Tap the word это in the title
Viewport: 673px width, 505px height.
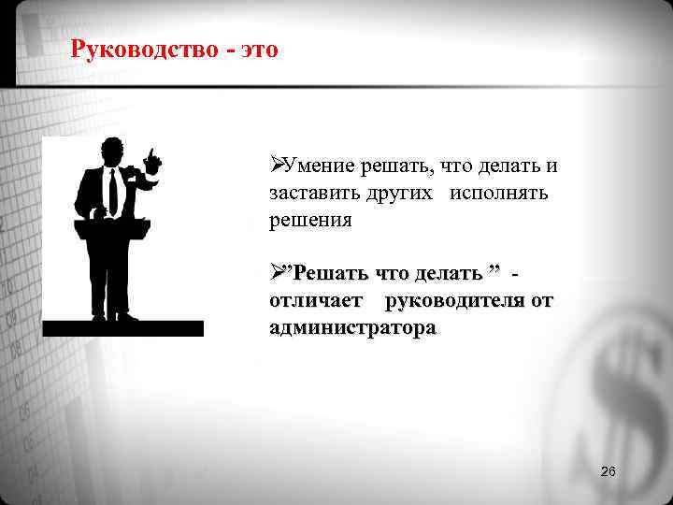[x=259, y=49]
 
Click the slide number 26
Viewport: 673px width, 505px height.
[x=608, y=471]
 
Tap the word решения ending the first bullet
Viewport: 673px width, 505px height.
[x=310, y=222]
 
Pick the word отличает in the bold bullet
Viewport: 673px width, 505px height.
[x=316, y=301]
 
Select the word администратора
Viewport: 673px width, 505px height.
[x=351, y=328]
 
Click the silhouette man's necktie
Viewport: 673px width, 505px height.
[x=113, y=192]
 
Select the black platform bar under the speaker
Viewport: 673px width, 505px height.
[x=122, y=328]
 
